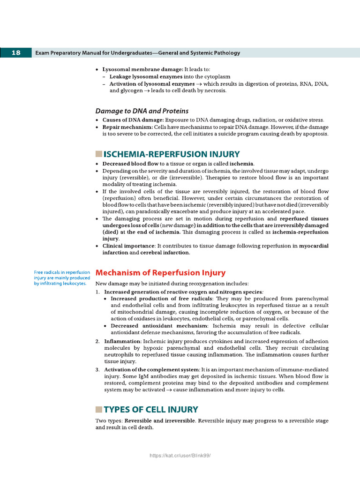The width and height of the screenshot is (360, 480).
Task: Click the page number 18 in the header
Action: (15, 53)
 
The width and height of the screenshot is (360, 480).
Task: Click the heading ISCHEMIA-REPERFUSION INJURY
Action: (172, 154)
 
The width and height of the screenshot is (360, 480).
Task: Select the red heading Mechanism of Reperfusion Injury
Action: (160, 273)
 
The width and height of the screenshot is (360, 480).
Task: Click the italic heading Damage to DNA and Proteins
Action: (142, 111)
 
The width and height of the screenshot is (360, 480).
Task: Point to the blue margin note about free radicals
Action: (62, 277)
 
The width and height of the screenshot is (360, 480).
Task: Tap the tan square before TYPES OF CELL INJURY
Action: (98, 410)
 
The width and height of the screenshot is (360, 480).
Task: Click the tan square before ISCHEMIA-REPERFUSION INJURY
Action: (98, 154)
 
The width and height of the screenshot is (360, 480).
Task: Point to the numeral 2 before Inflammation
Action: (97, 341)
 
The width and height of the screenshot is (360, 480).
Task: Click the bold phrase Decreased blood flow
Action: (130, 164)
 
